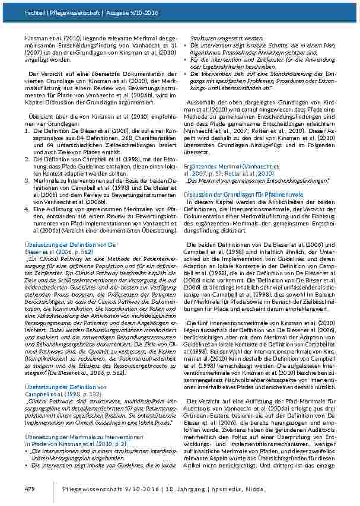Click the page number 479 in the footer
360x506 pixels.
pos(30,488)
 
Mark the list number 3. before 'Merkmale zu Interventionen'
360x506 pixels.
pos(28,180)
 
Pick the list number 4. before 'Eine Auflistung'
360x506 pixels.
pos(28,208)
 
